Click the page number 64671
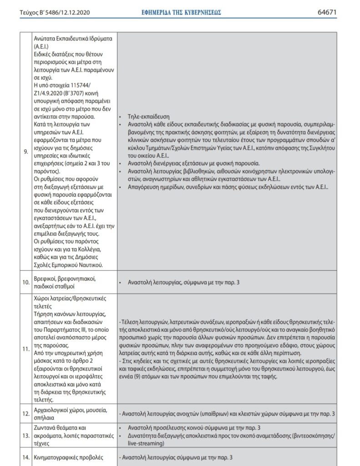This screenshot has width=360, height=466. click(x=327, y=12)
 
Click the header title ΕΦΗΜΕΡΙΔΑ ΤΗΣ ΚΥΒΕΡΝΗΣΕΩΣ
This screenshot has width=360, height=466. click(x=182, y=12)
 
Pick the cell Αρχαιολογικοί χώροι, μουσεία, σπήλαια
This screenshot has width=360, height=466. click(x=71, y=414)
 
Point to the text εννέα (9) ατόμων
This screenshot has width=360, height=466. click(x=141, y=377)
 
